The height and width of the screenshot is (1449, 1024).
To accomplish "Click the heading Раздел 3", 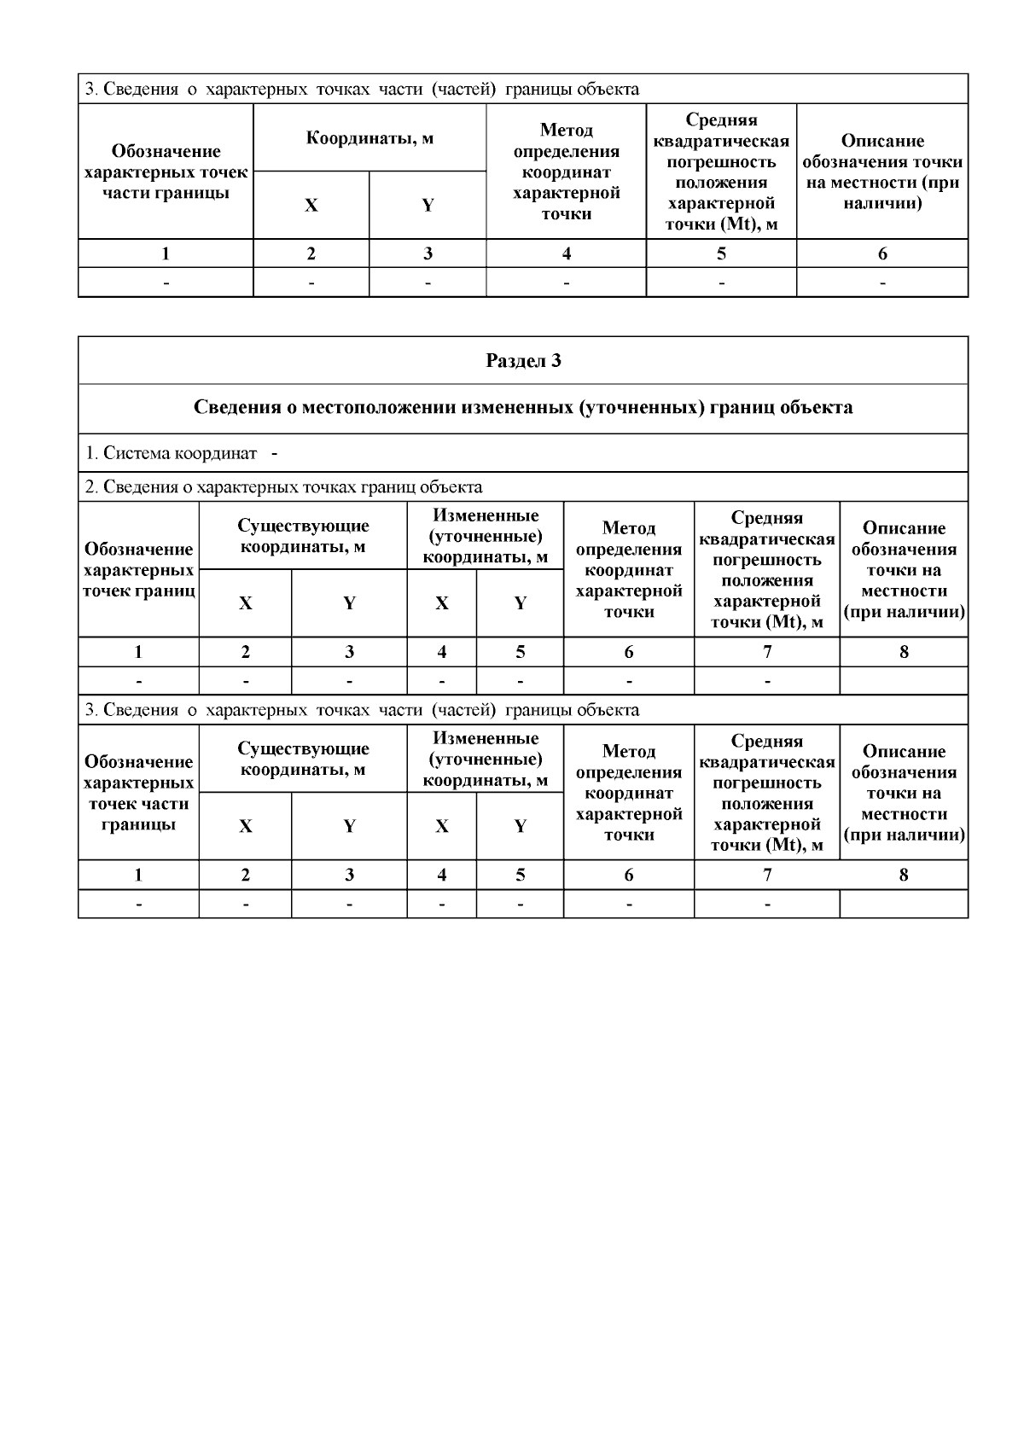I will click(x=523, y=360).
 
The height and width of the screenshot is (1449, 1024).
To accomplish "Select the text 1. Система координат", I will click(x=171, y=453).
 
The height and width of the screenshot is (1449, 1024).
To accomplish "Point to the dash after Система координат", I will click(x=275, y=453).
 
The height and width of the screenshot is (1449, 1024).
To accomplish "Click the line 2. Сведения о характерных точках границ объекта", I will click(x=283, y=487).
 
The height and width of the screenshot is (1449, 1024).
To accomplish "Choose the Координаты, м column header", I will click(x=369, y=137).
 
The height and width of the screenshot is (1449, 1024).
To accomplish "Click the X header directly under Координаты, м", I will click(x=311, y=206).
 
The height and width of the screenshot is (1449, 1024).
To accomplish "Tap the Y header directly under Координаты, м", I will click(x=428, y=206).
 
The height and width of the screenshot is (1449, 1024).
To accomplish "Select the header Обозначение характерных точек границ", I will click(x=138, y=570).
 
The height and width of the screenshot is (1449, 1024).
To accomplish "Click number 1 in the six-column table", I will click(x=166, y=253).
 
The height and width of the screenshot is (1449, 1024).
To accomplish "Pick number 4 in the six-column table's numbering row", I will click(x=566, y=253).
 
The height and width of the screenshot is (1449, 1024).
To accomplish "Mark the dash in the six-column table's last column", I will click(x=882, y=282).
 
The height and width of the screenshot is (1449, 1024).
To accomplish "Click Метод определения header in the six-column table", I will click(x=566, y=142).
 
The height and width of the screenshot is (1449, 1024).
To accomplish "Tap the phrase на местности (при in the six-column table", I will click(x=882, y=183).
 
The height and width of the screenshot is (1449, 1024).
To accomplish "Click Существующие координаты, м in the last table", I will click(x=303, y=759).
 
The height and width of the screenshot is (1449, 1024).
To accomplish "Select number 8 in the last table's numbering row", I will click(x=904, y=875).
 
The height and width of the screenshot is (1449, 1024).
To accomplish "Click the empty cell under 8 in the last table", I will click(x=904, y=904).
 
